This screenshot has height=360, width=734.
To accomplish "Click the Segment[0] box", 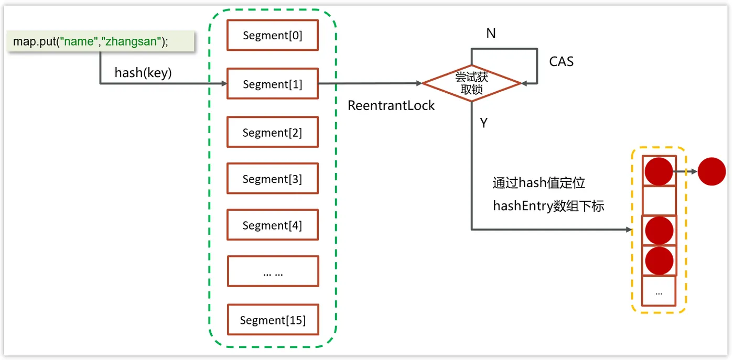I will [x=273, y=35].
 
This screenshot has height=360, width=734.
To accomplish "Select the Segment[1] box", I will [x=273, y=84].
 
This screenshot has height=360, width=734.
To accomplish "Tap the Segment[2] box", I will [x=273, y=132].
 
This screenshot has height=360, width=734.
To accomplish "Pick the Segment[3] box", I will [x=273, y=179].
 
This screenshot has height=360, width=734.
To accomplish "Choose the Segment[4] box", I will [x=273, y=225].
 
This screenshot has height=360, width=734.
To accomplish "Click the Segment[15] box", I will [x=273, y=320].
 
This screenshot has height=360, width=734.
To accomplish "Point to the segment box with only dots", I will [x=273, y=271].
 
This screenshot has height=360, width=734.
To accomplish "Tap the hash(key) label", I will [x=143, y=72].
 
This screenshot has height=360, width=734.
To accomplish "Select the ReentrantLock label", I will [x=391, y=105].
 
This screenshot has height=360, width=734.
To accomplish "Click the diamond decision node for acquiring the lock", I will [x=471, y=83].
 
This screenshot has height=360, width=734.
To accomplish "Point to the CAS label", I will [x=561, y=62].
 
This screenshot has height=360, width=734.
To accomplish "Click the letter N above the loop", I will [x=491, y=34].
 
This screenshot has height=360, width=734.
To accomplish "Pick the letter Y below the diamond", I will [x=484, y=123].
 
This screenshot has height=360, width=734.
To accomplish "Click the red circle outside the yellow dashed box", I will [x=711, y=171].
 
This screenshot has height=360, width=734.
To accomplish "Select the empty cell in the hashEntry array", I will [x=659, y=200].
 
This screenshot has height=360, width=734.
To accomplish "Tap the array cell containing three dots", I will [x=659, y=291].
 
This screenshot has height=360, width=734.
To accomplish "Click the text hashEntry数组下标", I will [x=548, y=206].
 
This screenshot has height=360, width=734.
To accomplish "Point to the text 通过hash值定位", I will [x=538, y=183].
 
